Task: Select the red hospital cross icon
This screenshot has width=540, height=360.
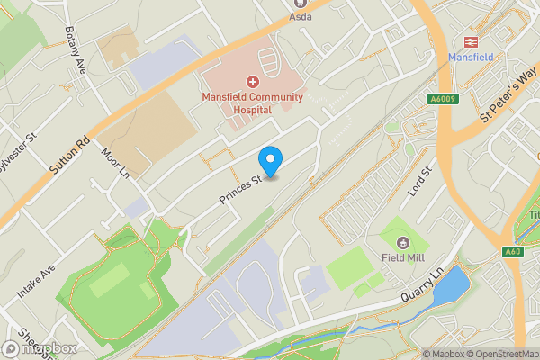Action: [252, 82]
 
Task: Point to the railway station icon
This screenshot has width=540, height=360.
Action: [469, 41]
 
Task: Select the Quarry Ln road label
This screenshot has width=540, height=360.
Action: [424, 283]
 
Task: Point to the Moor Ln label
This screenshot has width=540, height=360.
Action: [116, 163]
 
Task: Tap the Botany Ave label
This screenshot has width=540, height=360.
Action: [74, 49]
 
